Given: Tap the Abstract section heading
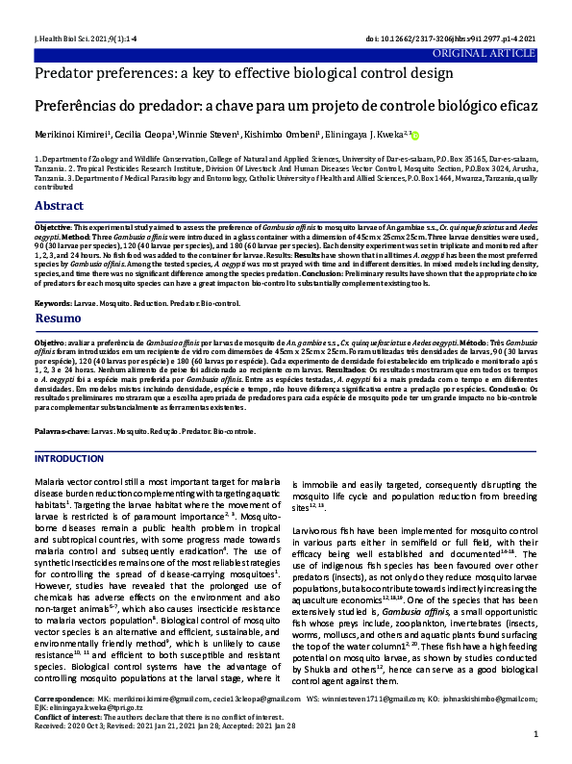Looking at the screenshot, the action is pyautogui.click(x=59, y=206).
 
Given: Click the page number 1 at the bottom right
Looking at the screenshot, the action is pyautogui.click(x=535, y=748).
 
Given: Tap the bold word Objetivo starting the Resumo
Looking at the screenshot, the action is pyautogui.click(x=51, y=342).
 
